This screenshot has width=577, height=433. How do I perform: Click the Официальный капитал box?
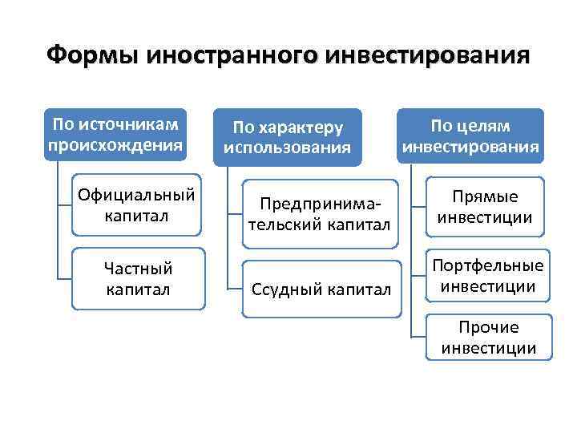[136, 206]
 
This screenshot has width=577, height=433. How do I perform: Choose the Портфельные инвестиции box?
[486, 276]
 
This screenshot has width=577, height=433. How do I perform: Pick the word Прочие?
[488, 327]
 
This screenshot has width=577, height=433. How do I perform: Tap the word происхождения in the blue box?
[116, 145]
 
